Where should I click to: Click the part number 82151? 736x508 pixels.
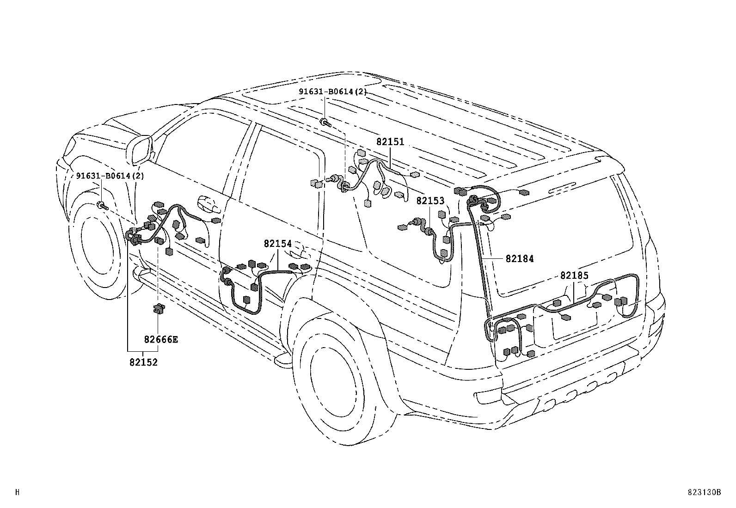[x=390, y=142]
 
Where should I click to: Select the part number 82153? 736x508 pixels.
[x=430, y=201]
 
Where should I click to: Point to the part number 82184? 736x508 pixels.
[x=519, y=259]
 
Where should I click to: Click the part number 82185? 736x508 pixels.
[x=574, y=275]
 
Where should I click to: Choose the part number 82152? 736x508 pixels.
[x=143, y=362]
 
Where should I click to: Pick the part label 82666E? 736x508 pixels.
[x=161, y=340]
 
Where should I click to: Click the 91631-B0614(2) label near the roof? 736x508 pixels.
[x=332, y=92]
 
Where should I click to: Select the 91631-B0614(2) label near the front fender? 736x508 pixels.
[x=110, y=176]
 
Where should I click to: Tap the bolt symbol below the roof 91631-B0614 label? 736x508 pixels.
[x=325, y=122]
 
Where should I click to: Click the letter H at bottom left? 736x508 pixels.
[x=18, y=493]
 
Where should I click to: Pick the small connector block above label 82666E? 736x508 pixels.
[x=159, y=308]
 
